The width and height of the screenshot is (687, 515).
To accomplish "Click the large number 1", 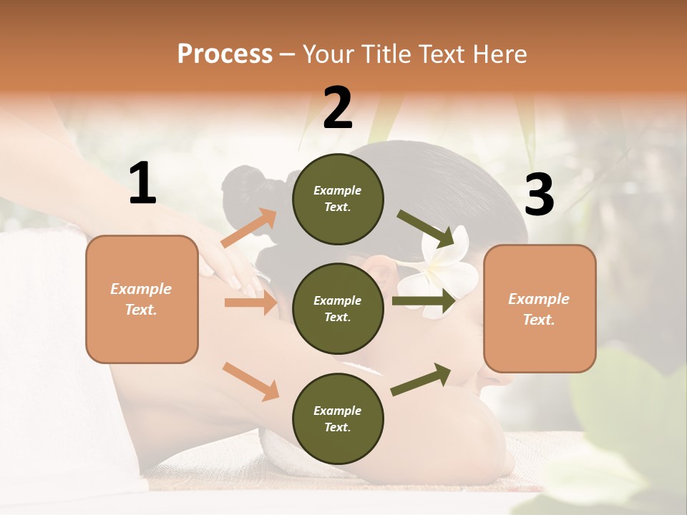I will pyautogui.click(x=142, y=184).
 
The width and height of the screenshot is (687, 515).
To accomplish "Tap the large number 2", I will pyautogui.click(x=338, y=108).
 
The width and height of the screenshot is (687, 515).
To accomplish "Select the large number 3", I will pyautogui.click(x=539, y=195).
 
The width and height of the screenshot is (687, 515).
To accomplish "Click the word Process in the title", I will pyautogui.click(x=225, y=54).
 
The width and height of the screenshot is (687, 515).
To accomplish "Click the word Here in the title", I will pyautogui.click(x=499, y=54).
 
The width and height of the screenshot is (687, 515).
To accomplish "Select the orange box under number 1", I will pyautogui.click(x=142, y=299).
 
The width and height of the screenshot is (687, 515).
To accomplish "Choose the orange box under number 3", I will pyautogui.click(x=540, y=308).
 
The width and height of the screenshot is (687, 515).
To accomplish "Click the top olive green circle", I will pyautogui.click(x=338, y=199).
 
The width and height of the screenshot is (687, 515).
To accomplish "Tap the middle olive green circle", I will pyautogui.click(x=338, y=308).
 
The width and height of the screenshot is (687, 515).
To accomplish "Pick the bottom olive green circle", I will pyautogui.click(x=338, y=418).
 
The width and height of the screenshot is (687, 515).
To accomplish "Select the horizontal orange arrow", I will pyautogui.click(x=250, y=303).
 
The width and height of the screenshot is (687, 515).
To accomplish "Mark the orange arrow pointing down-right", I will pyautogui.click(x=251, y=381).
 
